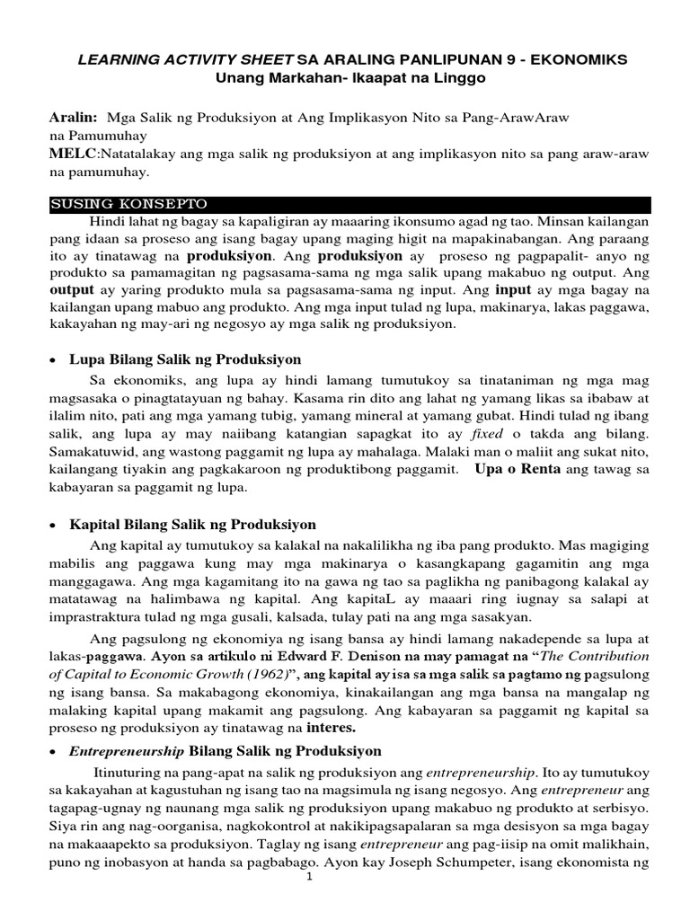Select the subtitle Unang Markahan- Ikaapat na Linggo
(349, 78)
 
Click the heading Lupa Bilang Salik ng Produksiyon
(194, 359)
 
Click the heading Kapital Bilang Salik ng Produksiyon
(201, 524)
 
